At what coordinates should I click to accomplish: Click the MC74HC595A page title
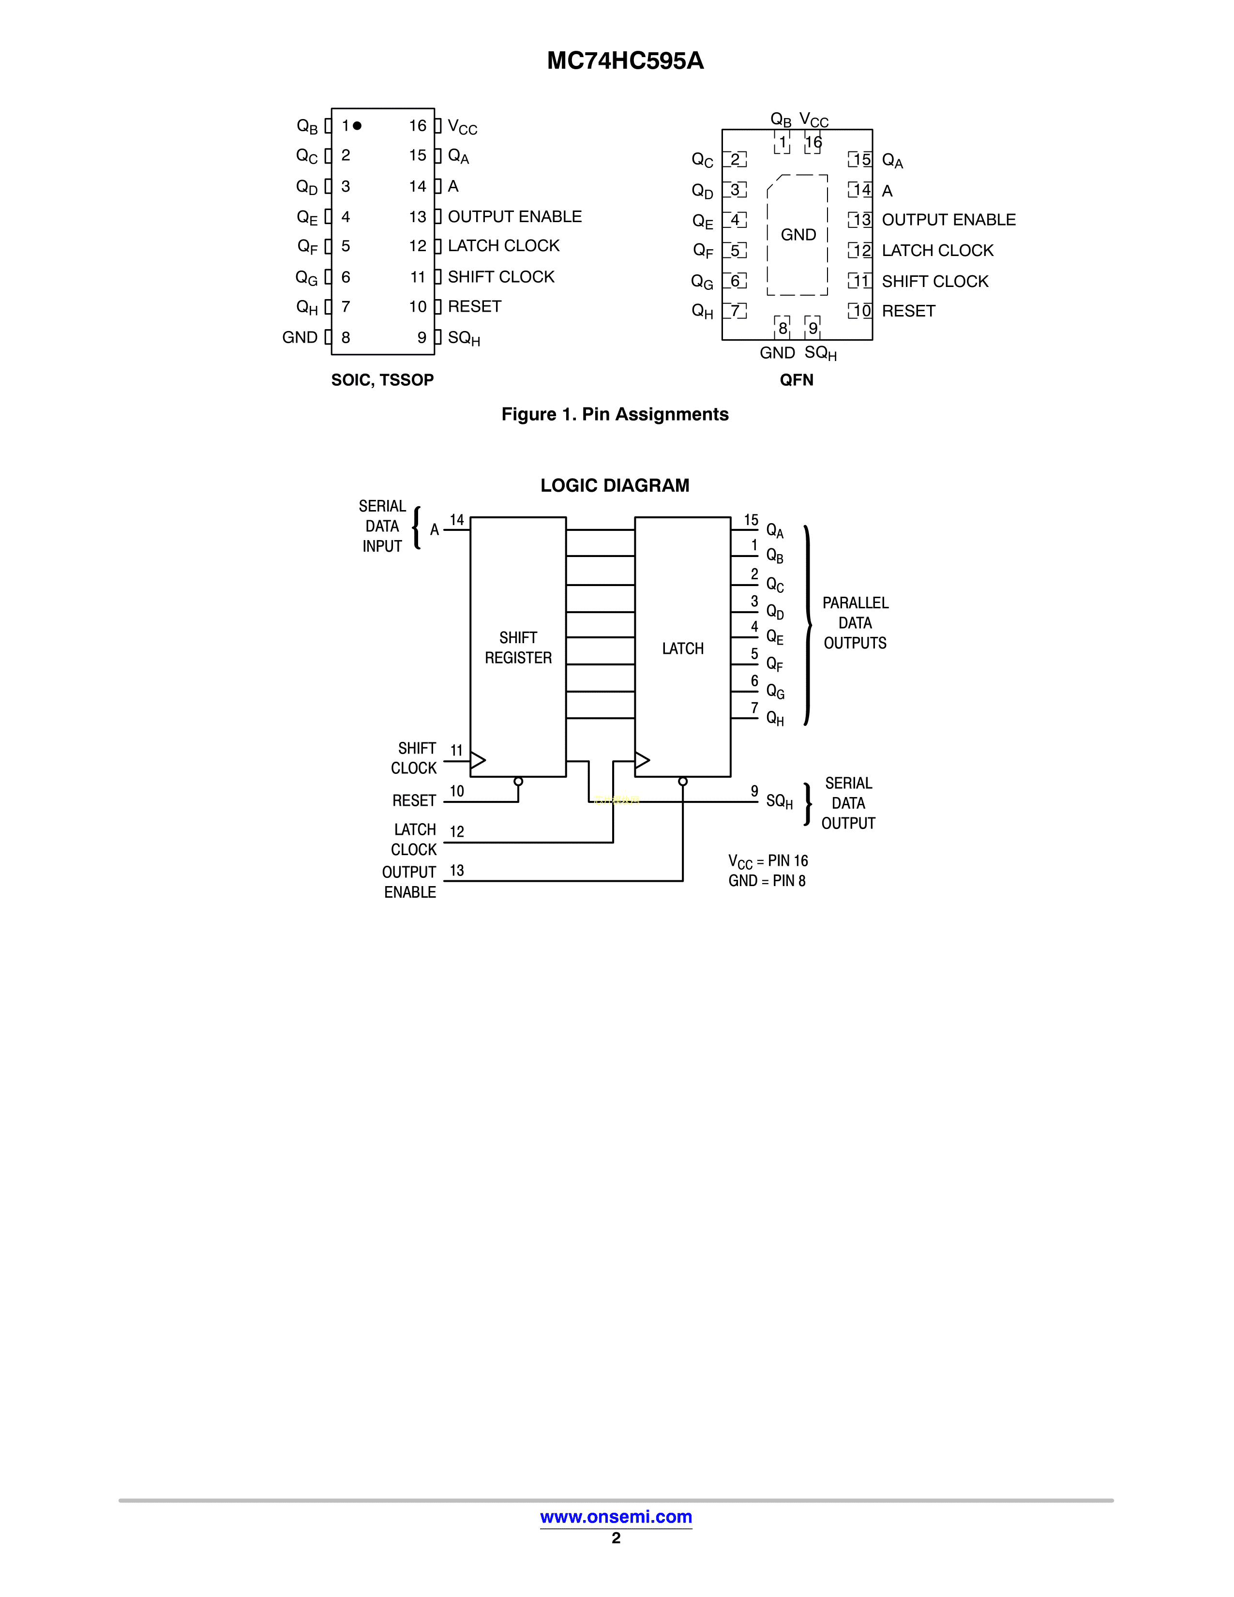pyautogui.click(x=625, y=60)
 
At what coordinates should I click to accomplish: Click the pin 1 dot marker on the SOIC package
pyautogui.click(x=357, y=126)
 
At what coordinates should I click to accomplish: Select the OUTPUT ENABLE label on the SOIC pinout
pyautogui.click(x=515, y=216)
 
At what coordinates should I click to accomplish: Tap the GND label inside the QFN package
pyautogui.click(x=798, y=235)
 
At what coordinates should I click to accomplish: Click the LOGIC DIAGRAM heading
pyautogui.click(x=615, y=485)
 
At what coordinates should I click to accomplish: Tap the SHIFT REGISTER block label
pyautogui.click(x=518, y=648)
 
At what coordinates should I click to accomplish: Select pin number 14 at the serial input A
pyautogui.click(x=457, y=520)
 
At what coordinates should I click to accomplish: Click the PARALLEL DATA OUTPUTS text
pyautogui.click(x=855, y=623)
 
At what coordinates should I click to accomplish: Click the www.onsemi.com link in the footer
pyautogui.click(x=616, y=1517)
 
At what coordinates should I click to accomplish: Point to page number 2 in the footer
pyautogui.click(x=616, y=1538)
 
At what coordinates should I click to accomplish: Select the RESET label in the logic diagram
pyautogui.click(x=414, y=801)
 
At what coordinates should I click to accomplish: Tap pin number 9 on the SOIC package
pyautogui.click(x=422, y=338)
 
